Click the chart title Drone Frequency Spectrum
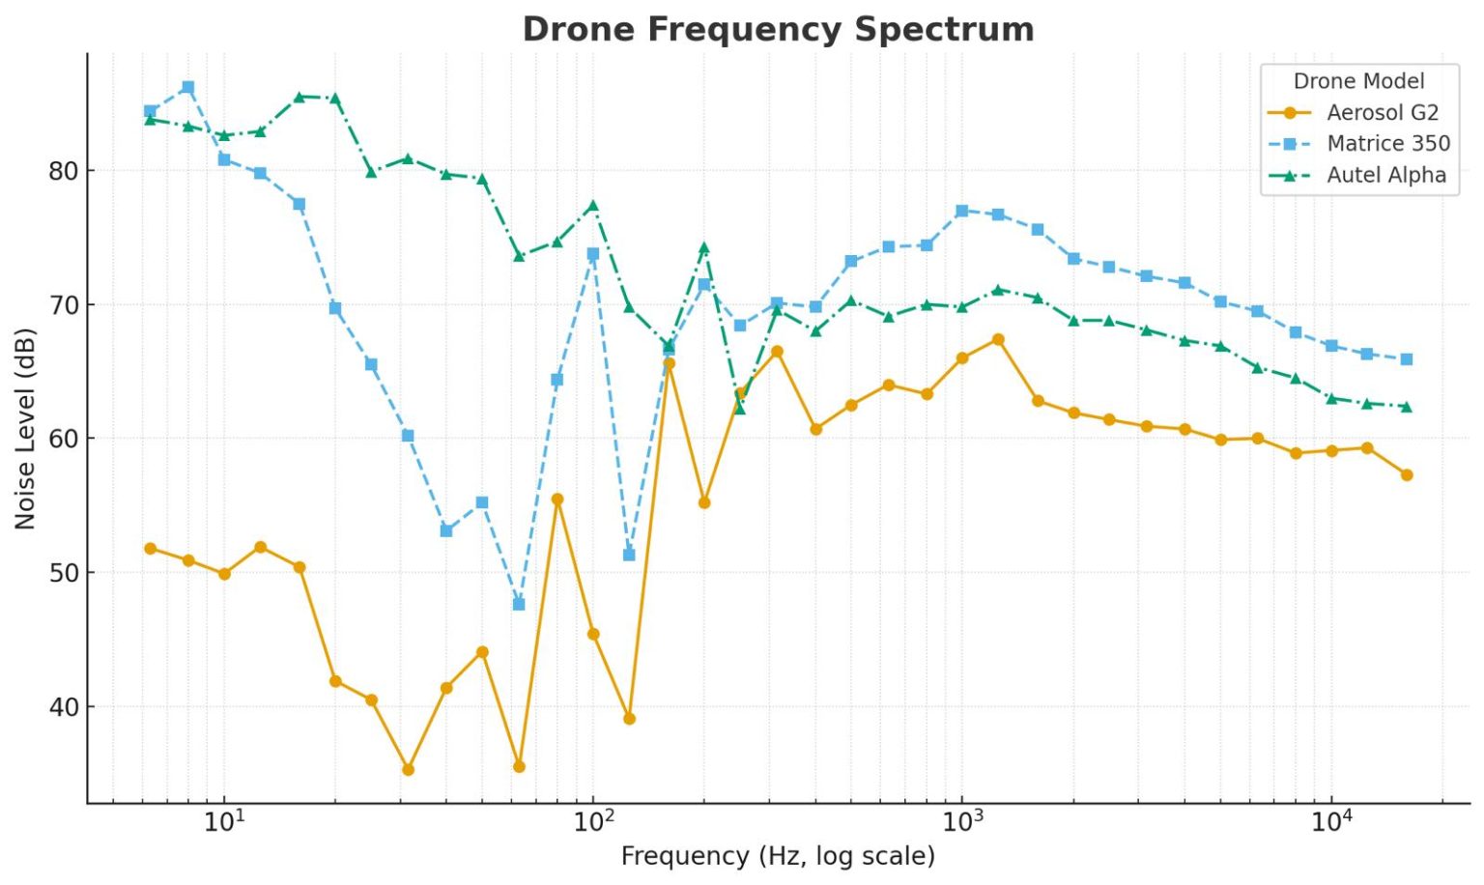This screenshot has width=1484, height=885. [x=778, y=29]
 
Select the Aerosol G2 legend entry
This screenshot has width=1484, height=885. [x=1382, y=112]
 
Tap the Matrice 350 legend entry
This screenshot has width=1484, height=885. [x=1387, y=144]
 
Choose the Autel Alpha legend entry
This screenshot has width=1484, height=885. [x=1385, y=175]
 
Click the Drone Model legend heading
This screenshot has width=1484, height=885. [x=1358, y=81]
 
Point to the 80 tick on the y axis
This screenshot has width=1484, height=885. [x=63, y=172]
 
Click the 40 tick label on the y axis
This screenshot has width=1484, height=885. [x=63, y=707]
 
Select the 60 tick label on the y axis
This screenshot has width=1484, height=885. [x=63, y=440]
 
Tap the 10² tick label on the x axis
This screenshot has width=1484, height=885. [x=594, y=821]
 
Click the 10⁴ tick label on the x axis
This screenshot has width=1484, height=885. [x=1331, y=821]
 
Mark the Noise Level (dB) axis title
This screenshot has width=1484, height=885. [x=25, y=428]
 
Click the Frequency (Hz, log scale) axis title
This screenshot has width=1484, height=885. [x=778, y=856]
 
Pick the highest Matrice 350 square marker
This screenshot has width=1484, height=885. [x=188, y=88]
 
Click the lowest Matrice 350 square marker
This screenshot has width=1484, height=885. [x=519, y=604]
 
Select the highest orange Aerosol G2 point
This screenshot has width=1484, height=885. [x=998, y=340]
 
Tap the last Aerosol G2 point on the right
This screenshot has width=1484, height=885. [x=1407, y=475]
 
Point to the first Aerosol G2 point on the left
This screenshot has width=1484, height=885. [x=151, y=549]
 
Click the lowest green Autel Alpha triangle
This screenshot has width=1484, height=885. [x=740, y=409]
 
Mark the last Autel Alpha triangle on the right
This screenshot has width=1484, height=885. [x=1407, y=407]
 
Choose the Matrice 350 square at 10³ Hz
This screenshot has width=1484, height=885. [x=961, y=211]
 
